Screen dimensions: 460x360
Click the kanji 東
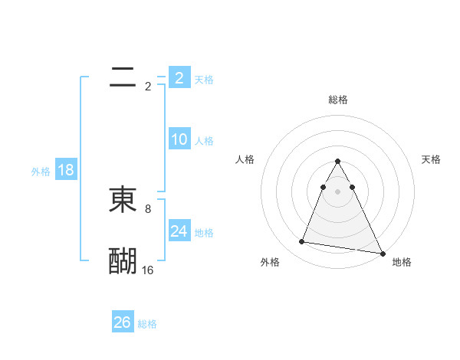[123, 200]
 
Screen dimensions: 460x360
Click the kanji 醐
[123, 261]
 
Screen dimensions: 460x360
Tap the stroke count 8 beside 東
[148, 208]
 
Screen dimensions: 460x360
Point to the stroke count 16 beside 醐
[148, 270]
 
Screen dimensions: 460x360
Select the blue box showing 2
[179, 78]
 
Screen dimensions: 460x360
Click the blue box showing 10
[179, 139]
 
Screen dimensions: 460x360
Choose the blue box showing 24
[179, 231]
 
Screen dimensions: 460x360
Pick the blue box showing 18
[66, 170]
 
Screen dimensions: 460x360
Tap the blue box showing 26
[123, 322]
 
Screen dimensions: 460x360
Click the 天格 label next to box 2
[204, 79]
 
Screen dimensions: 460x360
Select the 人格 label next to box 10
[204, 140]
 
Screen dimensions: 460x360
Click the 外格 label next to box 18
[41, 171]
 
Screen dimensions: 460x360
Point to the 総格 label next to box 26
[147, 323]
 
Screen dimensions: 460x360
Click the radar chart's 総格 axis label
[337, 100]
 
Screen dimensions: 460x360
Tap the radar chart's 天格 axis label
[432, 159]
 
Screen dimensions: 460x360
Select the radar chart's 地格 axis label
[402, 262]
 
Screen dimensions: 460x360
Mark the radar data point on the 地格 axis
[383, 254]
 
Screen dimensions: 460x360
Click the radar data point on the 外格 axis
[301, 242]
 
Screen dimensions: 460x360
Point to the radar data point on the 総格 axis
[337, 162]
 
